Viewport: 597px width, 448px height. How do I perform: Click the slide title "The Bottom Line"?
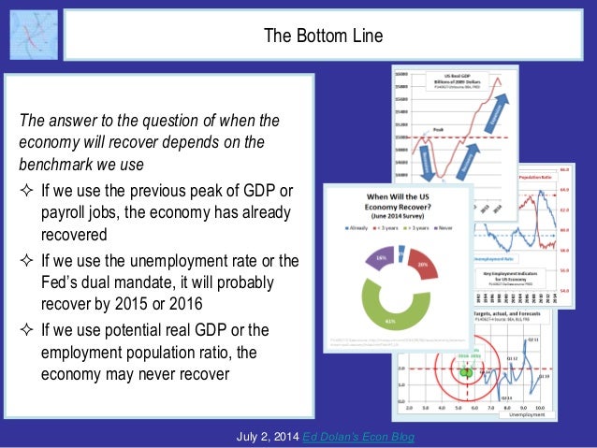point(322,36)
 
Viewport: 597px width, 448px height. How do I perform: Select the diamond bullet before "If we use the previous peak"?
point(26,191)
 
